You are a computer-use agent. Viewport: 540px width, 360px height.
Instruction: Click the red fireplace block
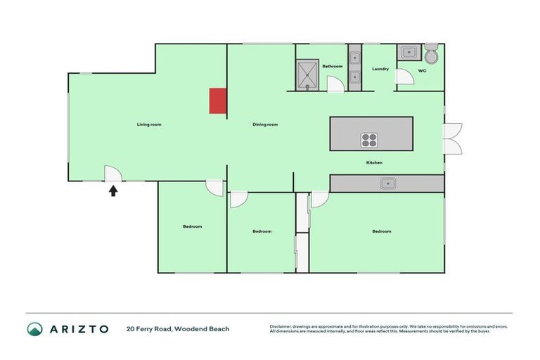[x=218, y=101]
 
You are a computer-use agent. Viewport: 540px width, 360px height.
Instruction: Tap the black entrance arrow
[x=112, y=190]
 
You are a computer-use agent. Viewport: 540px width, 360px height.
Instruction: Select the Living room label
[x=149, y=124]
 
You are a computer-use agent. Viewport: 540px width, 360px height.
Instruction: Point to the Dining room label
[x=265, y=124]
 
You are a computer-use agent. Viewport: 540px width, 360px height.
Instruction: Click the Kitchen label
[x=374, y=162]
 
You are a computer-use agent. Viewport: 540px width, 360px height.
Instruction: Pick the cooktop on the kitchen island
[x=369, y=140]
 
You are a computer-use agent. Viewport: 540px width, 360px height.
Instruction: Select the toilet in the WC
[x=431, y=53]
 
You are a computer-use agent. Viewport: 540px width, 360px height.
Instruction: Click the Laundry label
[x=380, y=69]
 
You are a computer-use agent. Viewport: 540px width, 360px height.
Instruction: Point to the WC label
[x=422, y=71]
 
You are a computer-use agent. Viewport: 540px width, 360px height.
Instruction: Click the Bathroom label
[x=332, y=66]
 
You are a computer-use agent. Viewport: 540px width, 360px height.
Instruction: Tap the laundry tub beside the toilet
[x=408, y=52]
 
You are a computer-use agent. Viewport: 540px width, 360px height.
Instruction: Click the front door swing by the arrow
[x=112, y=173]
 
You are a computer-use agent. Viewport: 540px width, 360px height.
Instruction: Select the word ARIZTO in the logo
[x=79, y=328]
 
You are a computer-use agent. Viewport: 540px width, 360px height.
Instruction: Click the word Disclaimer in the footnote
[x=282, y=326]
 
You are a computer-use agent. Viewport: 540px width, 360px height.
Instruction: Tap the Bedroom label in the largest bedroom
[x=382, y=231]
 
